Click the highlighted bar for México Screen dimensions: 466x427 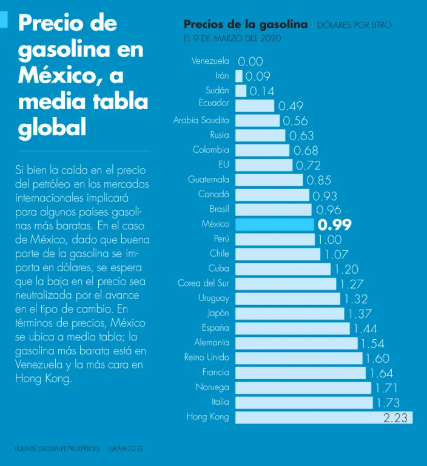point(274,225)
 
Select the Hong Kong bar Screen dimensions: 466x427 point(323,417)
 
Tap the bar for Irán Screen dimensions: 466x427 point(239,76)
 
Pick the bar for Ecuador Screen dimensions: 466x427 point(255,106)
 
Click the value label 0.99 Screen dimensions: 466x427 point(335,225)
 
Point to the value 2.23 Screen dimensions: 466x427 point(395,418)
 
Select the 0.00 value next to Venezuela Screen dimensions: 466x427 point(250,61)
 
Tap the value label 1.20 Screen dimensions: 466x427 point(346,269)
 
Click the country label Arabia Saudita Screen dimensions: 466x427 point(201,120)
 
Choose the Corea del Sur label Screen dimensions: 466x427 point(203,283)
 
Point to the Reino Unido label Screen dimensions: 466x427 point(207,357)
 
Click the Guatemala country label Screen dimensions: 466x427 point(209,180)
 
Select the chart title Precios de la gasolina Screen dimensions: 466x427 point(245,24)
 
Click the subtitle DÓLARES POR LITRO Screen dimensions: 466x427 point(355,25)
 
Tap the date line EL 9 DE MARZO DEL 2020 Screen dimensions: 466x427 point(232,38)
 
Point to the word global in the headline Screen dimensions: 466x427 point(52,128)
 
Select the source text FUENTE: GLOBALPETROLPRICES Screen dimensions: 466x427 point(57,448)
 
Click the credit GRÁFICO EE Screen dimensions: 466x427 point(126,448)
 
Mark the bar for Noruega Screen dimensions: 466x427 point(303,388)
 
